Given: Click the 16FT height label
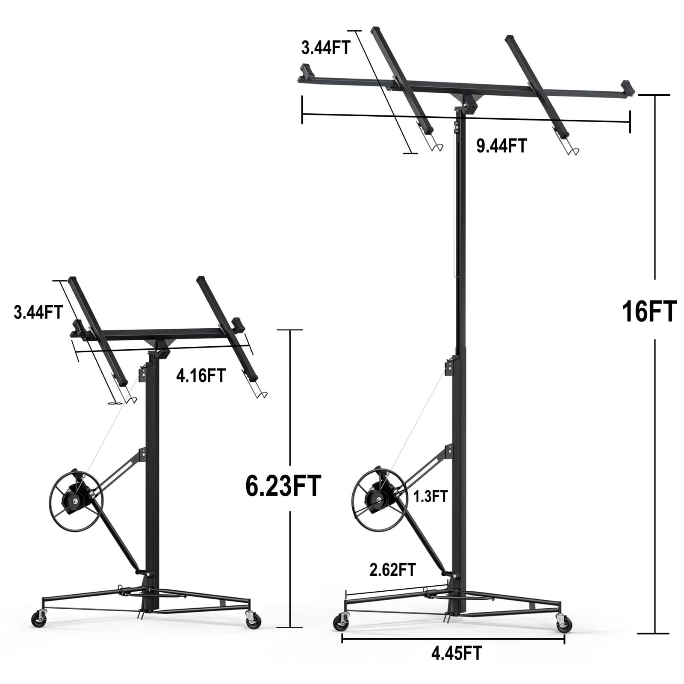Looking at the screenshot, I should (649, 311).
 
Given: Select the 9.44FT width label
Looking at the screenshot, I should (501, 146).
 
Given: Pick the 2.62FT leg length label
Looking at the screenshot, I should (392, 569).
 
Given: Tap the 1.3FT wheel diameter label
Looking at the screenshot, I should (430, 497).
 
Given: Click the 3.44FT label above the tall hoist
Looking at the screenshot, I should (325, 48).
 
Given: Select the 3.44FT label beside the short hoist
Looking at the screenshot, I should (38, 312).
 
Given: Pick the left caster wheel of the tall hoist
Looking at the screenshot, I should (342, 622).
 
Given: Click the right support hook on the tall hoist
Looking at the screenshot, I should (572, 150).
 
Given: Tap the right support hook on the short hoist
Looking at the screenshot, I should (260, 394).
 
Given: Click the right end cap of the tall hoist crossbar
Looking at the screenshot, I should (628, 87).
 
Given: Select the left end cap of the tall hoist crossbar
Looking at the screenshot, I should (305, 70).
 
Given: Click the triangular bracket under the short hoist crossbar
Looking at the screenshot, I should (159, 345).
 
